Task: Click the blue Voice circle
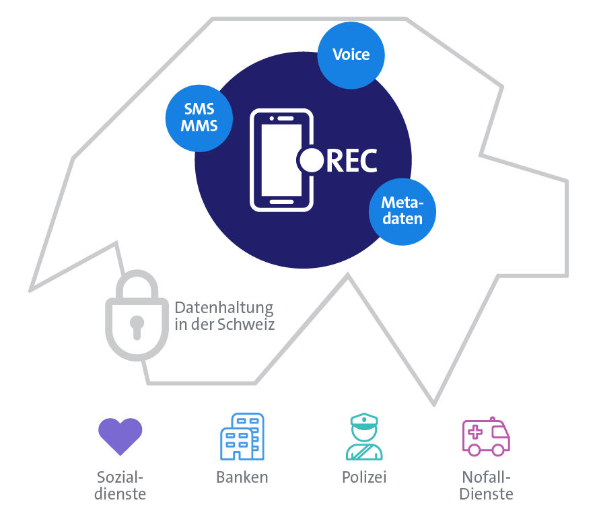click(x=351, y=55)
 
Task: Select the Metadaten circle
click(x=402, y=211)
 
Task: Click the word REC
click(x=351, y=160)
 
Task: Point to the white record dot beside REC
click(x=311, y=160)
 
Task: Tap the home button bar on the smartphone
click(x=281, y=201)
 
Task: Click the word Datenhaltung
click(x=223, y=308)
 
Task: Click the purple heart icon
click(x=120, y=436)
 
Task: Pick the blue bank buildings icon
click(x=242, y=436)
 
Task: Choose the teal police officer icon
click(x=364, y=437)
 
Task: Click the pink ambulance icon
click(x=486, y=436)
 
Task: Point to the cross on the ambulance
click(x=475, y=432)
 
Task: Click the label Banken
click(x=242, y=478)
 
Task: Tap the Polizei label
click(x=364, y=478)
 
